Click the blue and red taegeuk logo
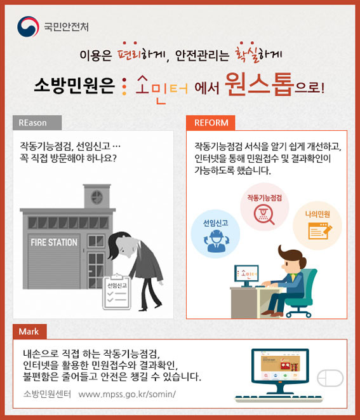[28, 27]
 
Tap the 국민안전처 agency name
[66, 27]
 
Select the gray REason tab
[37, 123]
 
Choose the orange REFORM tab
[211, 123]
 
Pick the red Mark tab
[30, 332]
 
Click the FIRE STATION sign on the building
[54, 243]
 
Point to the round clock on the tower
[97, 197]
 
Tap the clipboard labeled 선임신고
[117, 292]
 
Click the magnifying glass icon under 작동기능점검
[264, 214]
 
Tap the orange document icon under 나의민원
[320, 231]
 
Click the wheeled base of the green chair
[298, 312]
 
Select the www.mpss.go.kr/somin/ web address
[127, 395]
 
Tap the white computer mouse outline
[330, 378]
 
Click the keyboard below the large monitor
[278, 398]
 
